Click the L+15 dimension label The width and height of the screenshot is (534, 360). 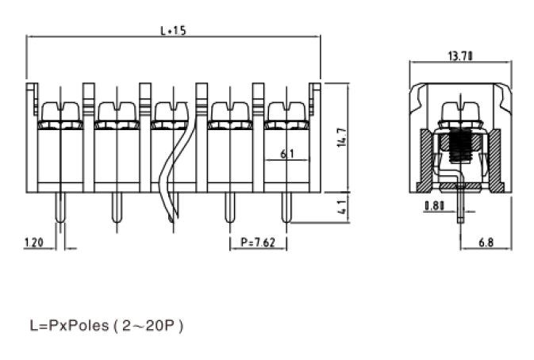coord(173,31)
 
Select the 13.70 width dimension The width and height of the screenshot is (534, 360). coord(460,56)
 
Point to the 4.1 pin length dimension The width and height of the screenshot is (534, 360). coord(340,209)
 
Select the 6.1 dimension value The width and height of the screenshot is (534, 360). coord(288,155)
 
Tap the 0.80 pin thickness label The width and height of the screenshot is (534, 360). coord(433,206)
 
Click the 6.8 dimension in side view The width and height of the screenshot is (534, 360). coord(486,243)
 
